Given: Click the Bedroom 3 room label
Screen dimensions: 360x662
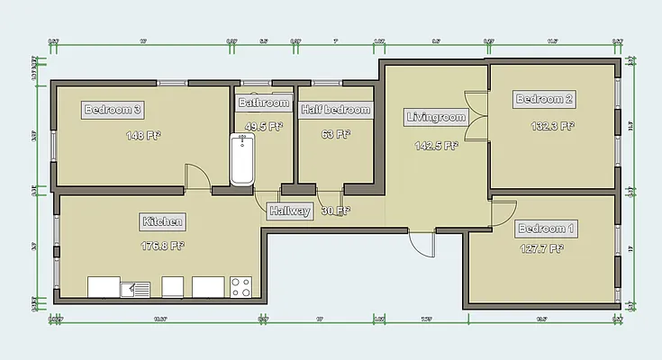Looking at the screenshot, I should (113, 110).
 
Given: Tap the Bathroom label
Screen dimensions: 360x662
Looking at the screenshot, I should (265, 103).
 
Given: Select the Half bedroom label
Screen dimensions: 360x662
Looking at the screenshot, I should (336, 110).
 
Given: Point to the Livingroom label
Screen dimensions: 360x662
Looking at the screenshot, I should (436, 117).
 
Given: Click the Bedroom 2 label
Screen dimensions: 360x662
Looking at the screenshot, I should (544, 99).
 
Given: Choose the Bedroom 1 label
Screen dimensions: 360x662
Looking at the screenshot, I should (548, 229).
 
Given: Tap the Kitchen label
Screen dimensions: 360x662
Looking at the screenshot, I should (163, 221).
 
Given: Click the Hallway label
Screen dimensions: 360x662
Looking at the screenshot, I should (290, 211).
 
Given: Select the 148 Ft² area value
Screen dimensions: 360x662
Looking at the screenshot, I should (142, 137).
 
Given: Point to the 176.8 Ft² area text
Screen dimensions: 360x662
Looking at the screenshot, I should (163, 245).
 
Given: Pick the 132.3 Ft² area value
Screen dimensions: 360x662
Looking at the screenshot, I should (551, 126).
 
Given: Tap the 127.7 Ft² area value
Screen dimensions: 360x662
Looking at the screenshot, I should (542, 249).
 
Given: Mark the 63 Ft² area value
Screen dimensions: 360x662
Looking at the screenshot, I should (335, 135).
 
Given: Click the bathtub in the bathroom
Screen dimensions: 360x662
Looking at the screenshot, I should (242, 160).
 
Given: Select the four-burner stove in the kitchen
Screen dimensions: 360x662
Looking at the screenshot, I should (240, 287).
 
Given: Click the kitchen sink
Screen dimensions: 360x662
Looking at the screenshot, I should (135, 288).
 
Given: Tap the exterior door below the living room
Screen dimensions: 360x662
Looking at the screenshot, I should (421, 241).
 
